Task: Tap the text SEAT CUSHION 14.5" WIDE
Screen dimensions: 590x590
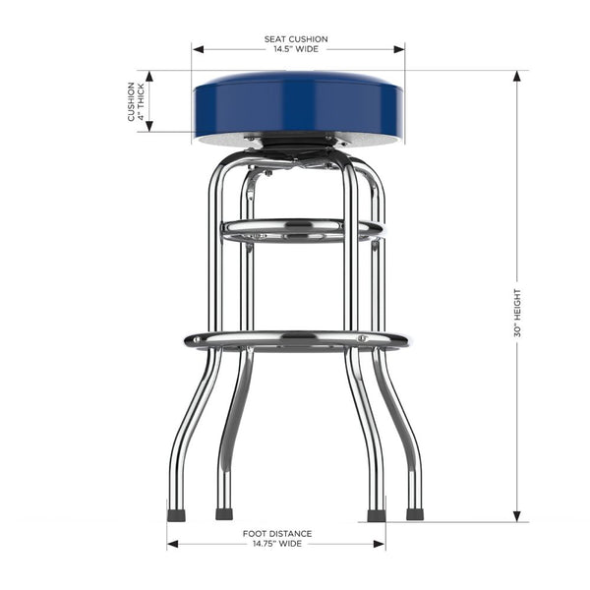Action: [296, 44]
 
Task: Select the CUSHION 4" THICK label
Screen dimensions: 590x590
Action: [136, 101]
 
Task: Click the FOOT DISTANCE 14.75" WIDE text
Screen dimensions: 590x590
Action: [276, 538]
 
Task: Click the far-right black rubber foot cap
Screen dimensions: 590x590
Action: [414, 513]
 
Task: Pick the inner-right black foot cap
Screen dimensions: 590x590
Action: [375, 514]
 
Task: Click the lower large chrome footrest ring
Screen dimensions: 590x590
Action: [296, 340]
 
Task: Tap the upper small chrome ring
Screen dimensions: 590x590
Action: [300, 230]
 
